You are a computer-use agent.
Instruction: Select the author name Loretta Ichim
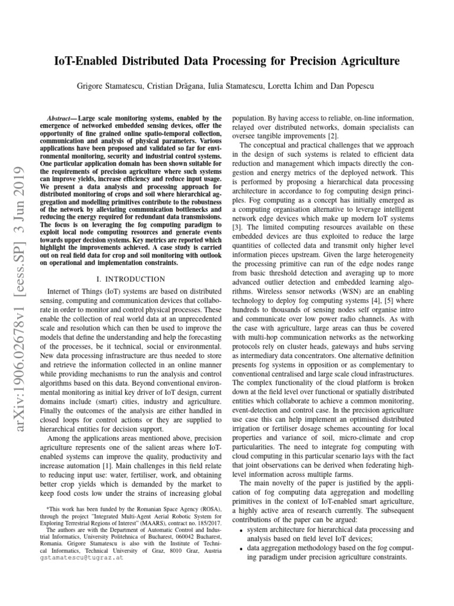tap(306, 86)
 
